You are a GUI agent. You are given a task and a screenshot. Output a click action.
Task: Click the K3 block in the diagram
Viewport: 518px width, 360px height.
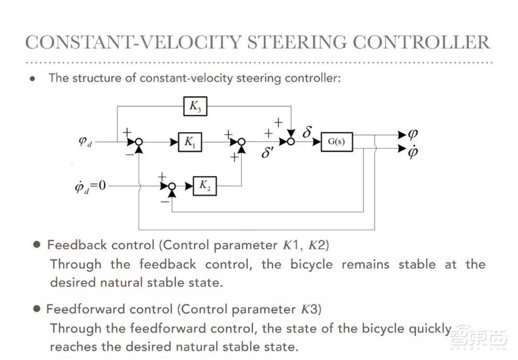(x=194, y=107)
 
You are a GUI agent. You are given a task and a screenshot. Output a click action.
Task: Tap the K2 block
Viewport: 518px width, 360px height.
(x=205, y=185)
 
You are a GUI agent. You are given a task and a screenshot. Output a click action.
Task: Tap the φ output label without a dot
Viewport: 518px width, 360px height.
(x=413, y=134)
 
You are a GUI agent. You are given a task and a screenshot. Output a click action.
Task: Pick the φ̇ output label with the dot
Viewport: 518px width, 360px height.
(x=413, y=151)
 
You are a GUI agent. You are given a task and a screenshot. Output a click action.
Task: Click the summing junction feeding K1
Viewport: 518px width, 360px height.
(x=139, y=141)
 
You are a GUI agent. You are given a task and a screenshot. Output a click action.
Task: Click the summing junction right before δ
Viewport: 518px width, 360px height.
(x=292, y=141)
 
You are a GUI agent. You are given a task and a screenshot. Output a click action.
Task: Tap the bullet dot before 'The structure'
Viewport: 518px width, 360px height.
(x=32, y=79)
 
